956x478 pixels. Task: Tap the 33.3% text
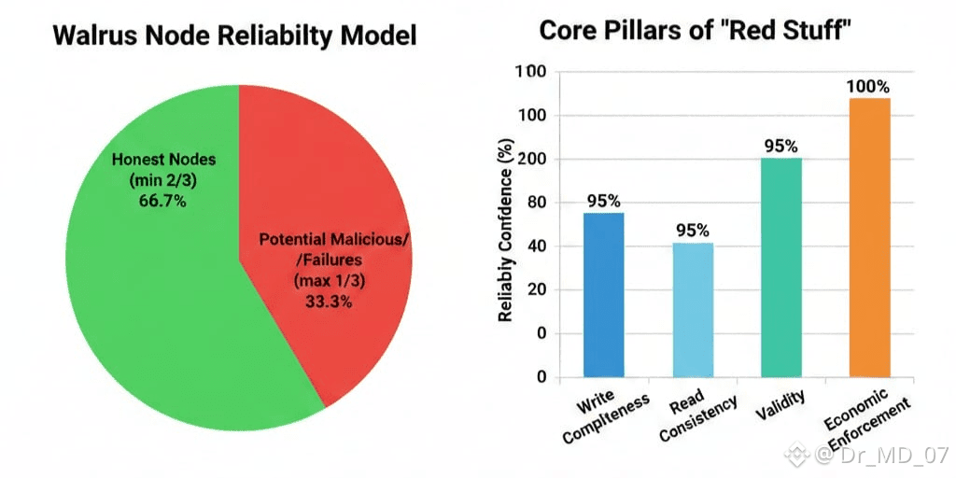tap(329, 302)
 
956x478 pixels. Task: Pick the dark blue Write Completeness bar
tap(603, 295)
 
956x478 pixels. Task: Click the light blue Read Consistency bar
tap(693, 310)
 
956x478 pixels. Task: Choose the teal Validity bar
tap(780, 267)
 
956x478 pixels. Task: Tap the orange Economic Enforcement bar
tap(869, 237)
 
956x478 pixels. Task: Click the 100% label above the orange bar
tap(868, 87)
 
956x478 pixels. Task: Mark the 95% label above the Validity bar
tap(780, 147)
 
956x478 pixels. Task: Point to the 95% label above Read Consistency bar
tap(693, 231)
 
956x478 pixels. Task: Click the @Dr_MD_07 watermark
tap(868, 456)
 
